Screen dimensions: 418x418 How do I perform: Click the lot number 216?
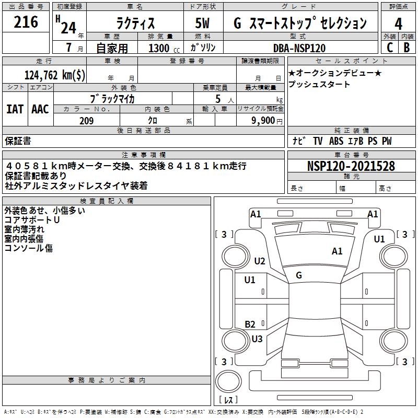26,22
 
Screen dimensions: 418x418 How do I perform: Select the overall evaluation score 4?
398,24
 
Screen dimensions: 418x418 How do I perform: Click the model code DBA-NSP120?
299,48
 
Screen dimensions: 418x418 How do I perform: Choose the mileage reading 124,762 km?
55,75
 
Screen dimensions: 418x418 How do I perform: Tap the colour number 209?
87,121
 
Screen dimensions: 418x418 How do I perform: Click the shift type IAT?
15,109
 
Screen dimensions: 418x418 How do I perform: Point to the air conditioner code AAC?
40,109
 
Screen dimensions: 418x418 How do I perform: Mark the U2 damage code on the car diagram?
260,261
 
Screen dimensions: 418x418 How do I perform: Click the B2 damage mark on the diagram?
250,324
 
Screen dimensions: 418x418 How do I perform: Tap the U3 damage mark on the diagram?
257,339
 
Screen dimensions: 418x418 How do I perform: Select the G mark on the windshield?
298,275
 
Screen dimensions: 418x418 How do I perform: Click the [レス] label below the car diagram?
229,400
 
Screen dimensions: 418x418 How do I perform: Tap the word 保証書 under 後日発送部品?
18,141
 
